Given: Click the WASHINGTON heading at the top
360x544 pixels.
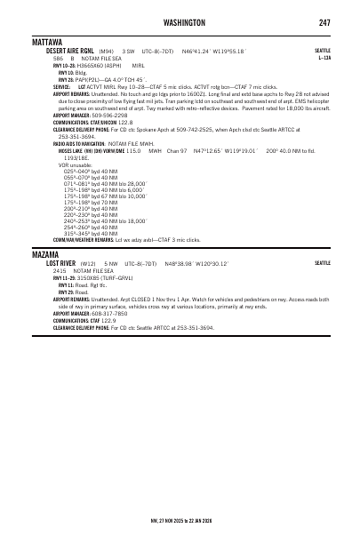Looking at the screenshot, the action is click(180, 22).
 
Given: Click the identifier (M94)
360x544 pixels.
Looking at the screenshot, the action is click(107, 52).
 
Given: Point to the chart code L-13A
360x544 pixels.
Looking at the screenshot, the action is click(324, 58).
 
